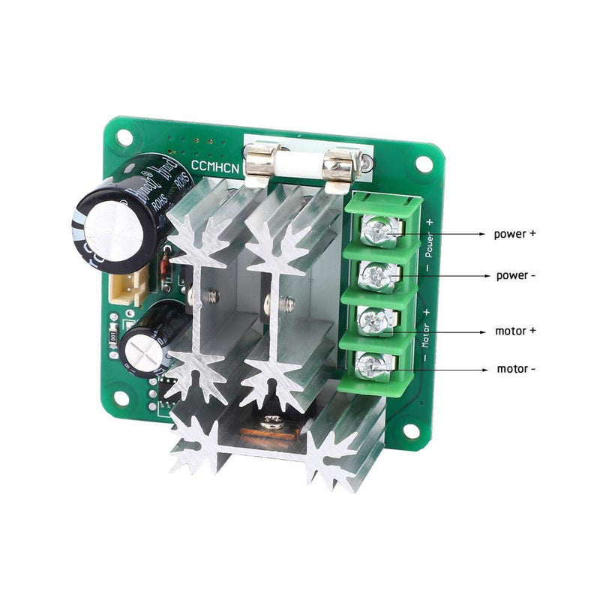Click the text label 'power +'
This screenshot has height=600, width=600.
[x=514, y=233]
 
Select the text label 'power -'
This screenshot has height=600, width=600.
[x=515, y=275]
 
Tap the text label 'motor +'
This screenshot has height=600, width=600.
[x=515, y=330]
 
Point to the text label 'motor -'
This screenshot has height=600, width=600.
[x=516, y=369]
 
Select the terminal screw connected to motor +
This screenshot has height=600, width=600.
[x=372, y=322]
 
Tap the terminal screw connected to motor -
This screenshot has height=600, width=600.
[x=369, y=365]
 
